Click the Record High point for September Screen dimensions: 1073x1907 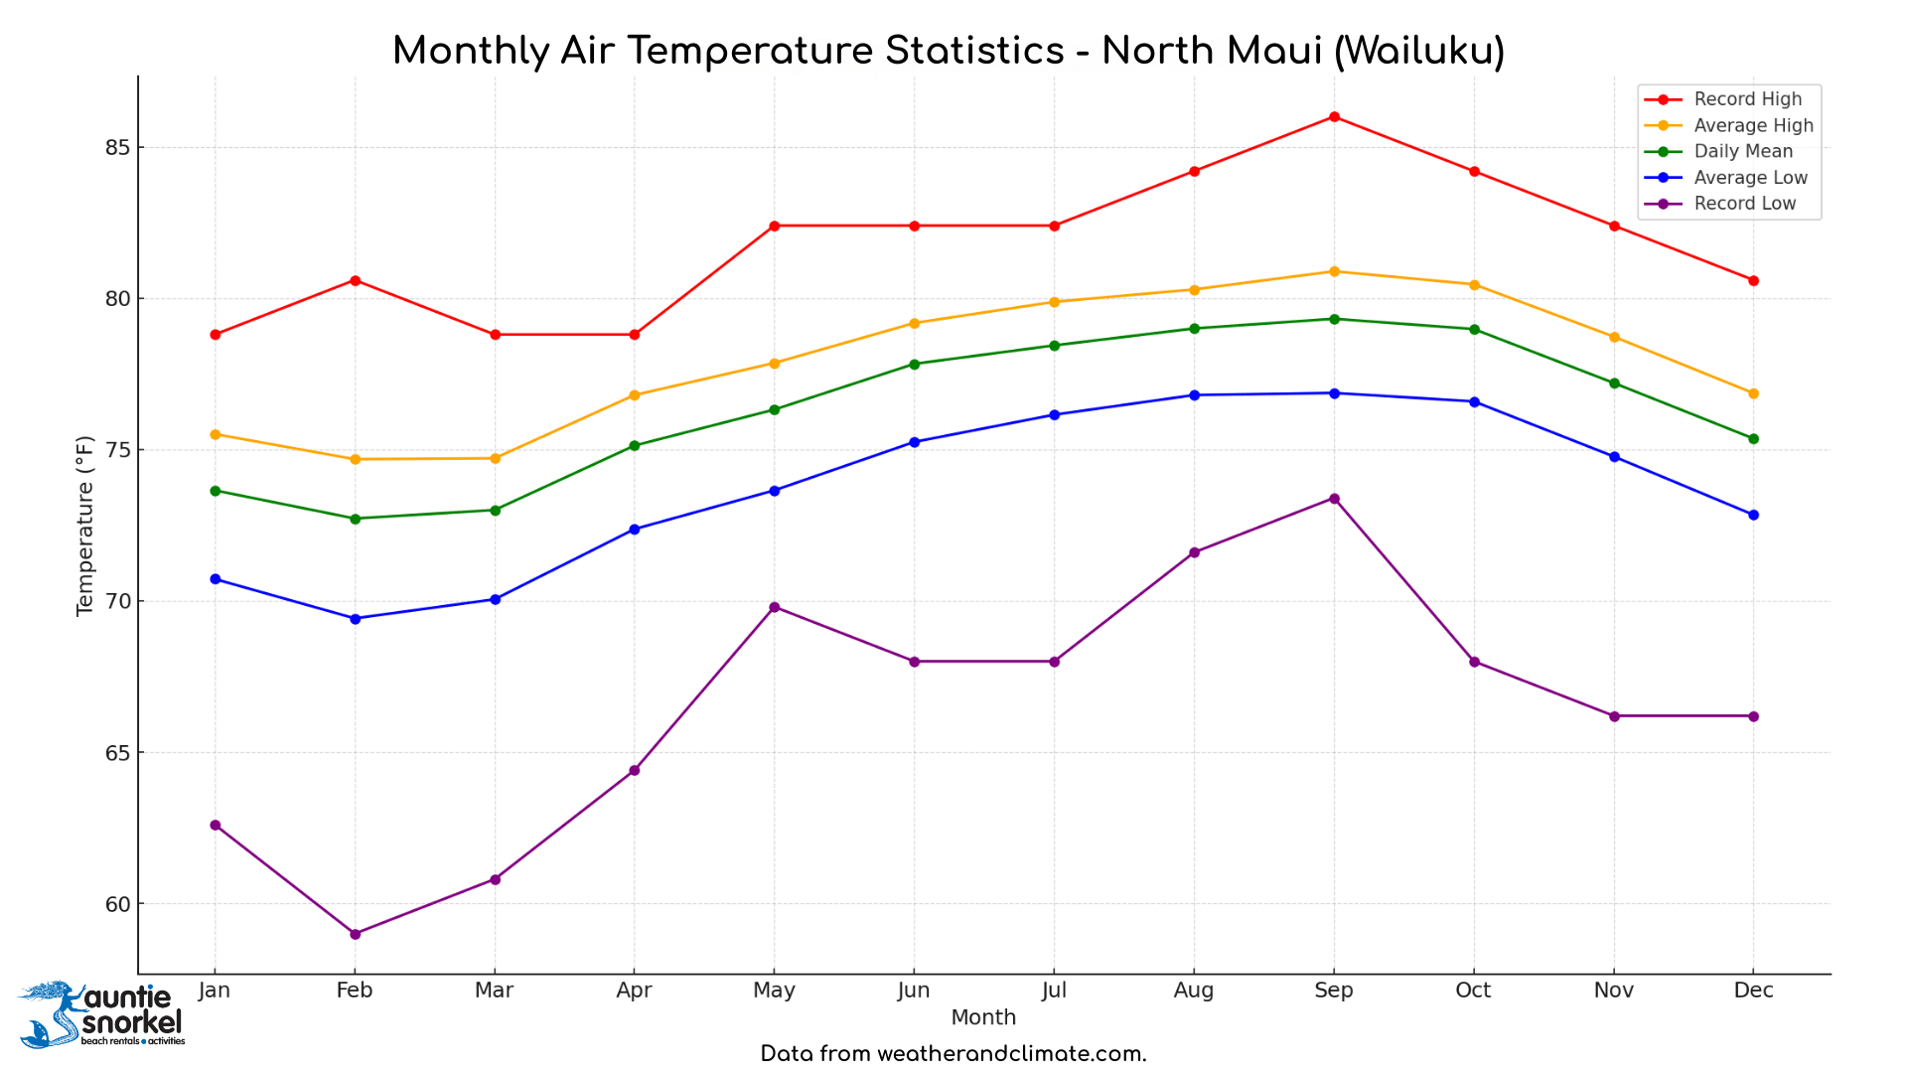[1334, 117]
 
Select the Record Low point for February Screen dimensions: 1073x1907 [355, 934]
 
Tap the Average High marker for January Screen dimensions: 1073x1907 [215, 434]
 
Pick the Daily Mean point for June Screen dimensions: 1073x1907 [914, 364]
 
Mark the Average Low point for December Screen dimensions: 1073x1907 [1753, 515]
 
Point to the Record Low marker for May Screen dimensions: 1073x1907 [774, 607]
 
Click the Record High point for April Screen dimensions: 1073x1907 [634, 335]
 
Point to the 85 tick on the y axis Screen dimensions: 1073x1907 [117, 147]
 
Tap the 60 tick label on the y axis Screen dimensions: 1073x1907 [117, 904]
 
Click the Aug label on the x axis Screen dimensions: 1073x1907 [1194, 991]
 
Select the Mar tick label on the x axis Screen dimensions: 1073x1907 [494, 991]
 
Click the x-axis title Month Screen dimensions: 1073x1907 [983, 1017]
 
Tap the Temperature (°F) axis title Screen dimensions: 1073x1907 [85, 526]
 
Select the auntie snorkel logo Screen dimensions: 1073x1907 [102, 1013]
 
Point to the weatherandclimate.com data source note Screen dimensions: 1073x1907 [953, 1054]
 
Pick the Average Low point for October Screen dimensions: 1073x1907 [1474, 401]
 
